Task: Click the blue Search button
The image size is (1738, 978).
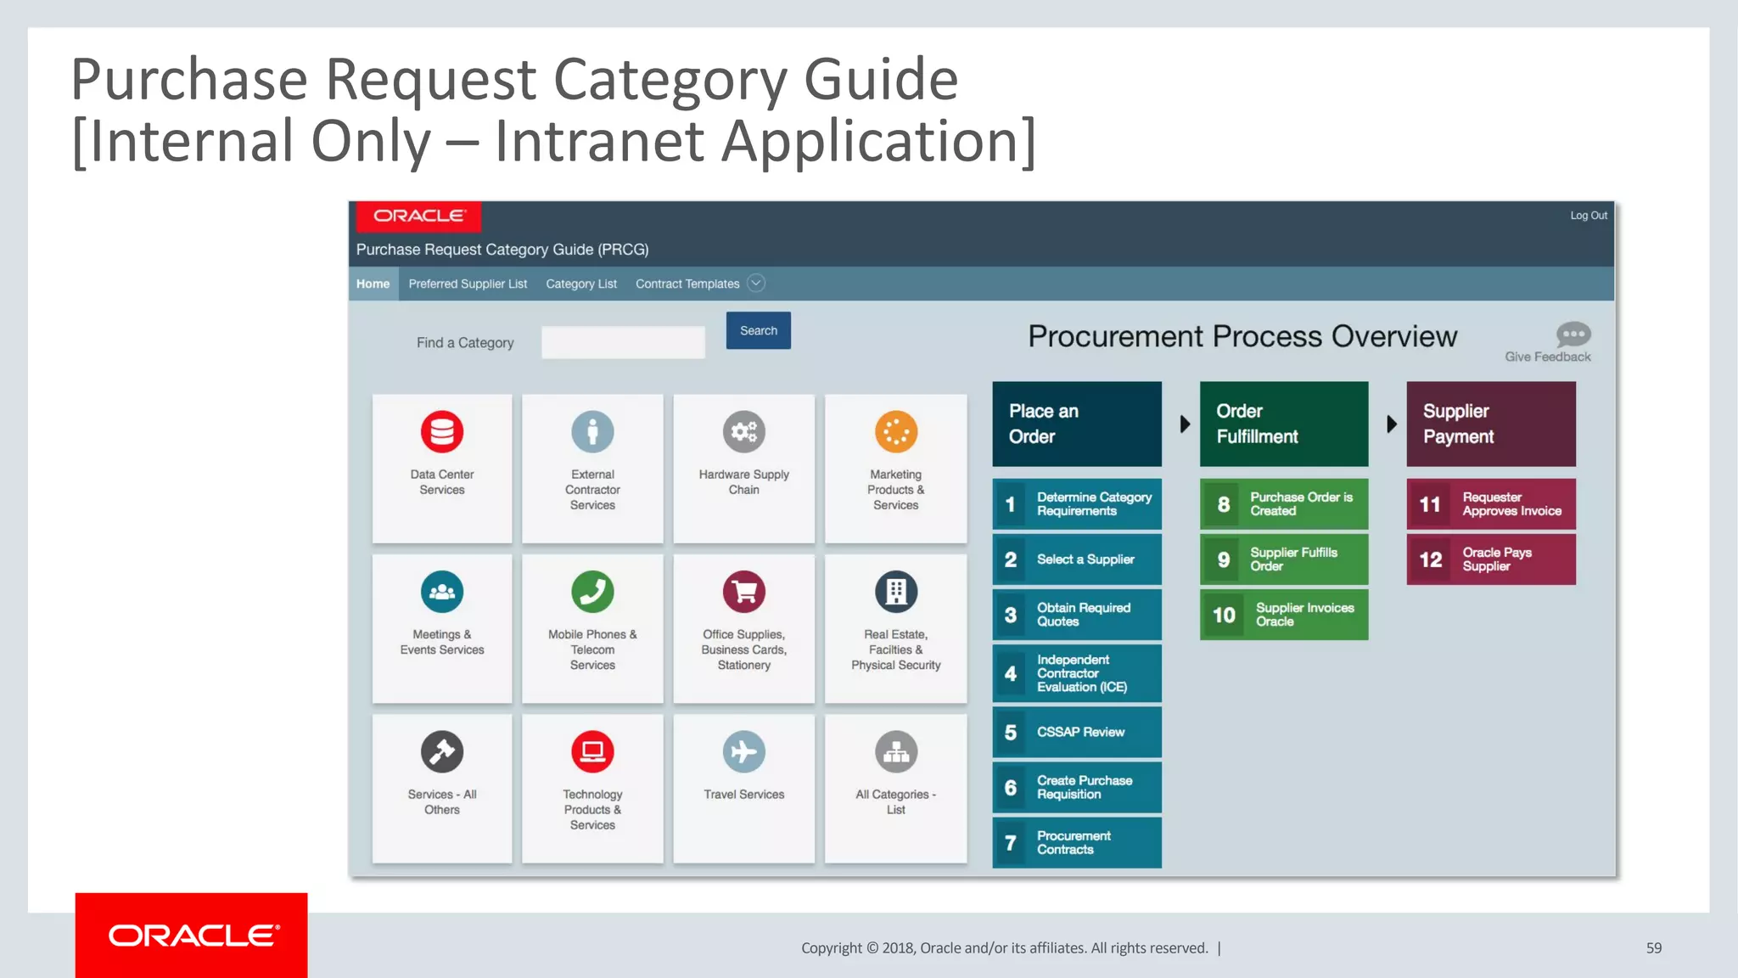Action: (758, 330)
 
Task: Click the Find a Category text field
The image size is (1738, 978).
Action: (623, 342)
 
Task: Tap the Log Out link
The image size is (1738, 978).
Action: (1588, 216)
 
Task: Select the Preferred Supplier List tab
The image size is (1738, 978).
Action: (468, 284)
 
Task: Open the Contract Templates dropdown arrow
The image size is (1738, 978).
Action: (756, 284)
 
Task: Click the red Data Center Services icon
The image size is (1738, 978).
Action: (442, 431)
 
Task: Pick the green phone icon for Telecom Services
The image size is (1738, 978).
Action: (592, 592)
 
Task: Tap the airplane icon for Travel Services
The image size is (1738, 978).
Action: (743, 751)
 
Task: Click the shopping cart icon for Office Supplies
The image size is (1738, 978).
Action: (743, 592)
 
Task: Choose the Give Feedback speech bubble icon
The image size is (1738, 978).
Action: (1573, 334)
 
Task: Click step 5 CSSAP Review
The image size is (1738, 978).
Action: (1077, 732)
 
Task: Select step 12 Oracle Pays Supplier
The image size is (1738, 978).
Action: (1491, 559)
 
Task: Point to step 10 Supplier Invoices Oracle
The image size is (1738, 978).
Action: (1284, 615)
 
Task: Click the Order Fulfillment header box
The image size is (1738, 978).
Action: (1284, 424)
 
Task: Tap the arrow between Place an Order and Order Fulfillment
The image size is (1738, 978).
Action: (1185, 424)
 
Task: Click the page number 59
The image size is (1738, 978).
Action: (1653, 948)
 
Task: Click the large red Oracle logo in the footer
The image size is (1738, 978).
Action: (192, 936)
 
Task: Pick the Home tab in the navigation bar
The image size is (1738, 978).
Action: (373, 284)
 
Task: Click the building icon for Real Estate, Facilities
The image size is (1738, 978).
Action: (895, 592)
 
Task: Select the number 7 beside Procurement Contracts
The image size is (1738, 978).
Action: (1011, 842)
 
